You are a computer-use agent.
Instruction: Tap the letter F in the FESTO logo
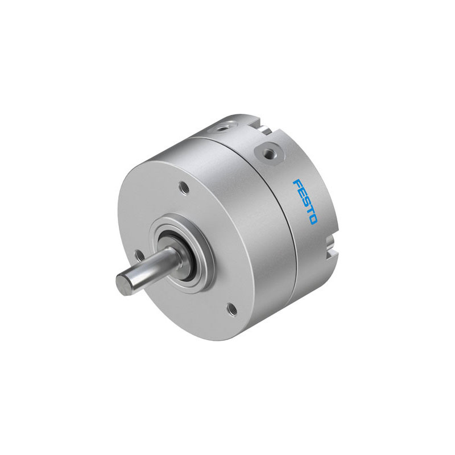pos(296,184)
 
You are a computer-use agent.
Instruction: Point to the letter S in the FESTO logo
pos(305,201)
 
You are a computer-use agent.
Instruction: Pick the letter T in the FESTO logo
pos(309,210)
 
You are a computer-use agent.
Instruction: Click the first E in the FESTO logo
pos(301,193)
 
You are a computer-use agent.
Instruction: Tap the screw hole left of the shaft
pos(138,254)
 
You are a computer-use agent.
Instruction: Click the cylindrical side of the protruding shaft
pos(148,271)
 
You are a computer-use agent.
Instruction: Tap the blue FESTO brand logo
pos(305,202)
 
